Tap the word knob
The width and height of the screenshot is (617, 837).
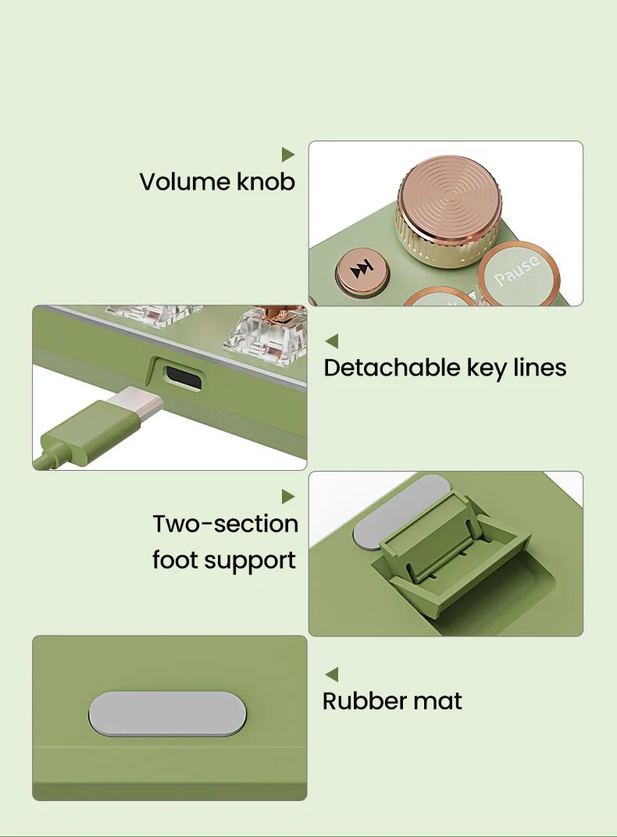coord(266,181)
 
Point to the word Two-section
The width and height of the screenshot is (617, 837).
coord(225,524)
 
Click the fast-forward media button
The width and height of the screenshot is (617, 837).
coord(362,272)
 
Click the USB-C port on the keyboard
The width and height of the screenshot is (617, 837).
coord(184,376)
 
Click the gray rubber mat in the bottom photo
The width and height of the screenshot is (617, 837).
coord(167,714)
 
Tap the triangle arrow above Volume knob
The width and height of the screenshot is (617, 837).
coord(288,155)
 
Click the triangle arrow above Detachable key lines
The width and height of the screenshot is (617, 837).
coord(331,340)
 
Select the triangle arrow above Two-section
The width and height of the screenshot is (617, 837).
coord(288,497)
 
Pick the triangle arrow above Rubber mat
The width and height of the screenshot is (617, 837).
coord(331,674)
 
